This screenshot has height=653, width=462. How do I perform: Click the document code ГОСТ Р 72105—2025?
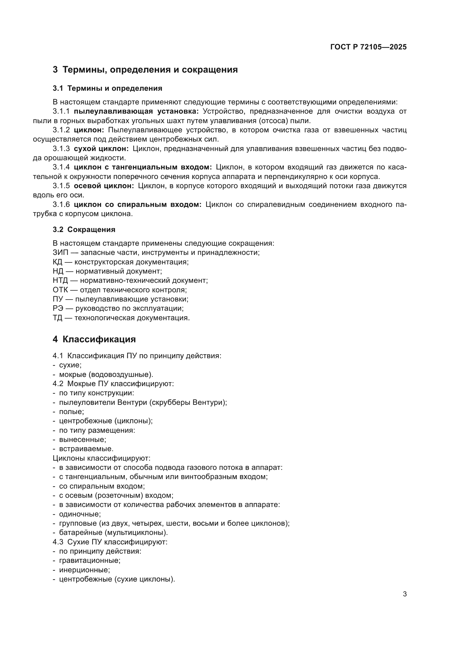[x=368, y=47]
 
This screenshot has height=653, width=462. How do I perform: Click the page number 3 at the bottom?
[x=404, y=594]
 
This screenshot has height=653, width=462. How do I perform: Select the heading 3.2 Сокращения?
[x=84, y=229]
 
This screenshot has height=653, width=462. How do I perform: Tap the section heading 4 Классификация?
[x=94, y=339]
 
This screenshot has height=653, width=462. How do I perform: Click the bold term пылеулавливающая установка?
[x=136, y=111]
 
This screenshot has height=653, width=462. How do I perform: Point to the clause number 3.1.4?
[x=61, y=167]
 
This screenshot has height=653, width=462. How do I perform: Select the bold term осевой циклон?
[x=104, y=186]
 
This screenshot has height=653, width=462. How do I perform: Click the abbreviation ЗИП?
[x=60, y=253]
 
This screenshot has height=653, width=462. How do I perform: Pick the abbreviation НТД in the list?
[x=60, y=280]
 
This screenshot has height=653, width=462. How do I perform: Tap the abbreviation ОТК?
[x=60, y=290]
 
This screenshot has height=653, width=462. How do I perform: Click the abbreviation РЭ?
[x=58, y=308]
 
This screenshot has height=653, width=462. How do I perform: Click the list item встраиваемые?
[x=86, y=449]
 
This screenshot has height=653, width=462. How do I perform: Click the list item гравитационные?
[x=90, y=560]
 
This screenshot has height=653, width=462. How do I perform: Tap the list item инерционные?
[x=84, y=570]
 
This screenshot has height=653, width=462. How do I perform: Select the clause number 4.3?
[x=58, y=542]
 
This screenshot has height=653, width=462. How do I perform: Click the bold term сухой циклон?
[x=101, y=149]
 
